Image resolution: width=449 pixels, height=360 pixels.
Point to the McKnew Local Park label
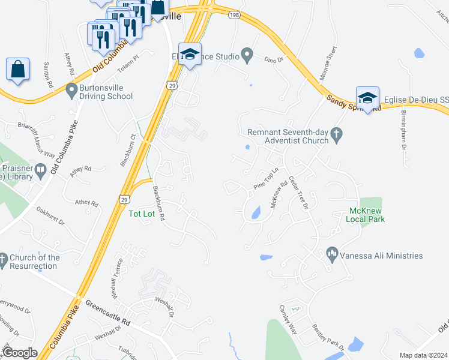[365, 215]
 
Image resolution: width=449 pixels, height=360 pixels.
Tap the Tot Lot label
[142, 213]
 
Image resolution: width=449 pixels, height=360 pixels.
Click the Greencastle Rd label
[108, 313]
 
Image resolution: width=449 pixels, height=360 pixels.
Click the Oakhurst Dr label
[50, 215]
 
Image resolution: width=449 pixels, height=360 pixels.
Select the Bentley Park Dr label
[327, 337]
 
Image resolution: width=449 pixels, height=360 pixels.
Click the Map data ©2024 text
[423, 355]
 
